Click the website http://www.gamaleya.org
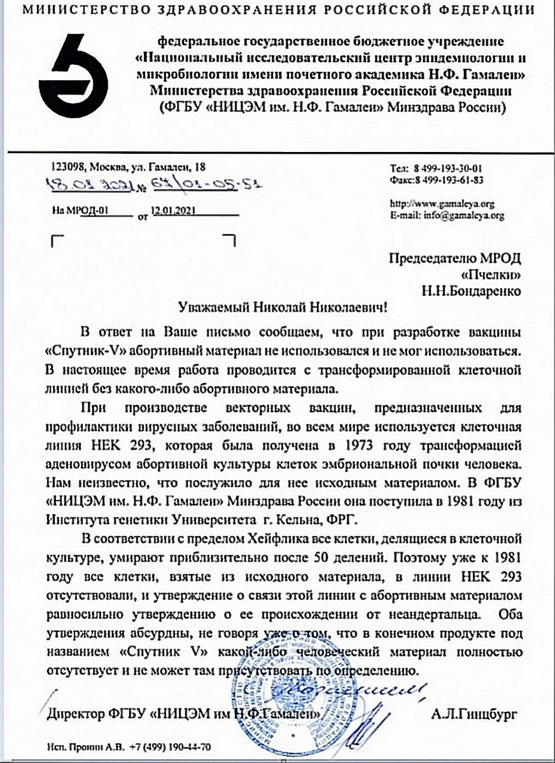(x=440, y=204)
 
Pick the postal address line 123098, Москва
(x=127, y=168)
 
